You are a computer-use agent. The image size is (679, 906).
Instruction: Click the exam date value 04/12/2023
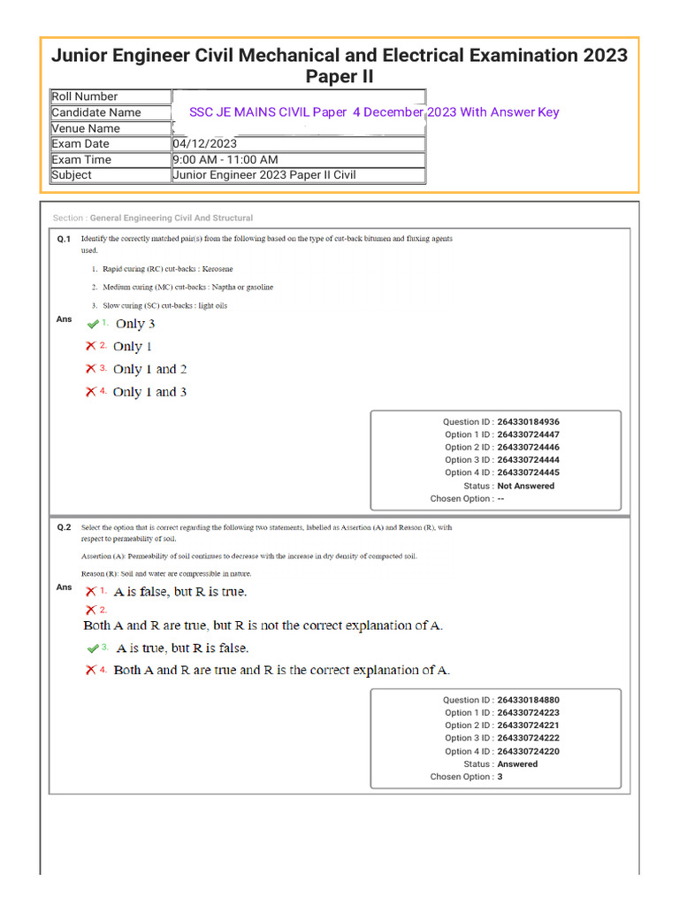click(205, 143)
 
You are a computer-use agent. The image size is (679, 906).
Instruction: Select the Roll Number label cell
click(85, 96)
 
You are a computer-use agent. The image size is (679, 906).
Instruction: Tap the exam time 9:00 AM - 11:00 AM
click(225, 159)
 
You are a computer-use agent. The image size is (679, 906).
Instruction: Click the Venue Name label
click(86, 128)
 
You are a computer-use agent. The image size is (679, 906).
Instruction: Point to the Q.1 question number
click(64, 239)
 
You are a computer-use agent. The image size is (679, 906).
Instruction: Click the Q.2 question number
click(64, 527)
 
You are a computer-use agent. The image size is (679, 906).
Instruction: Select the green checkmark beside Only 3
click(93, 324)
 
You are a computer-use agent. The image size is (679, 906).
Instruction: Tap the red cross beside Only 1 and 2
click(91, 369)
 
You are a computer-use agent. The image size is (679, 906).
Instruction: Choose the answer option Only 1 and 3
click(149, 392)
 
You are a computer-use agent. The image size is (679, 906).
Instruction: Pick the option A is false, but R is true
click(180, 591)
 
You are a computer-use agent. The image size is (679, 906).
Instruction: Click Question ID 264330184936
click(528, 422)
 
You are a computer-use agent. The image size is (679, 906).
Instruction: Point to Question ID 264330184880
click(528, 700)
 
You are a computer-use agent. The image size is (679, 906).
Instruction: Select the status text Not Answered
click(526, 486)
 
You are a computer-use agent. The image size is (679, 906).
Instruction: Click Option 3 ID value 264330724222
click(528, 738)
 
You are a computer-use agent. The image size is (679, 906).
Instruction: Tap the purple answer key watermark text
click(374, 112)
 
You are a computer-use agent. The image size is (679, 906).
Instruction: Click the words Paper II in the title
click(339, 77)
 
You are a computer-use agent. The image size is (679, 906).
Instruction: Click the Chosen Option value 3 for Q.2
click(500, 777)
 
